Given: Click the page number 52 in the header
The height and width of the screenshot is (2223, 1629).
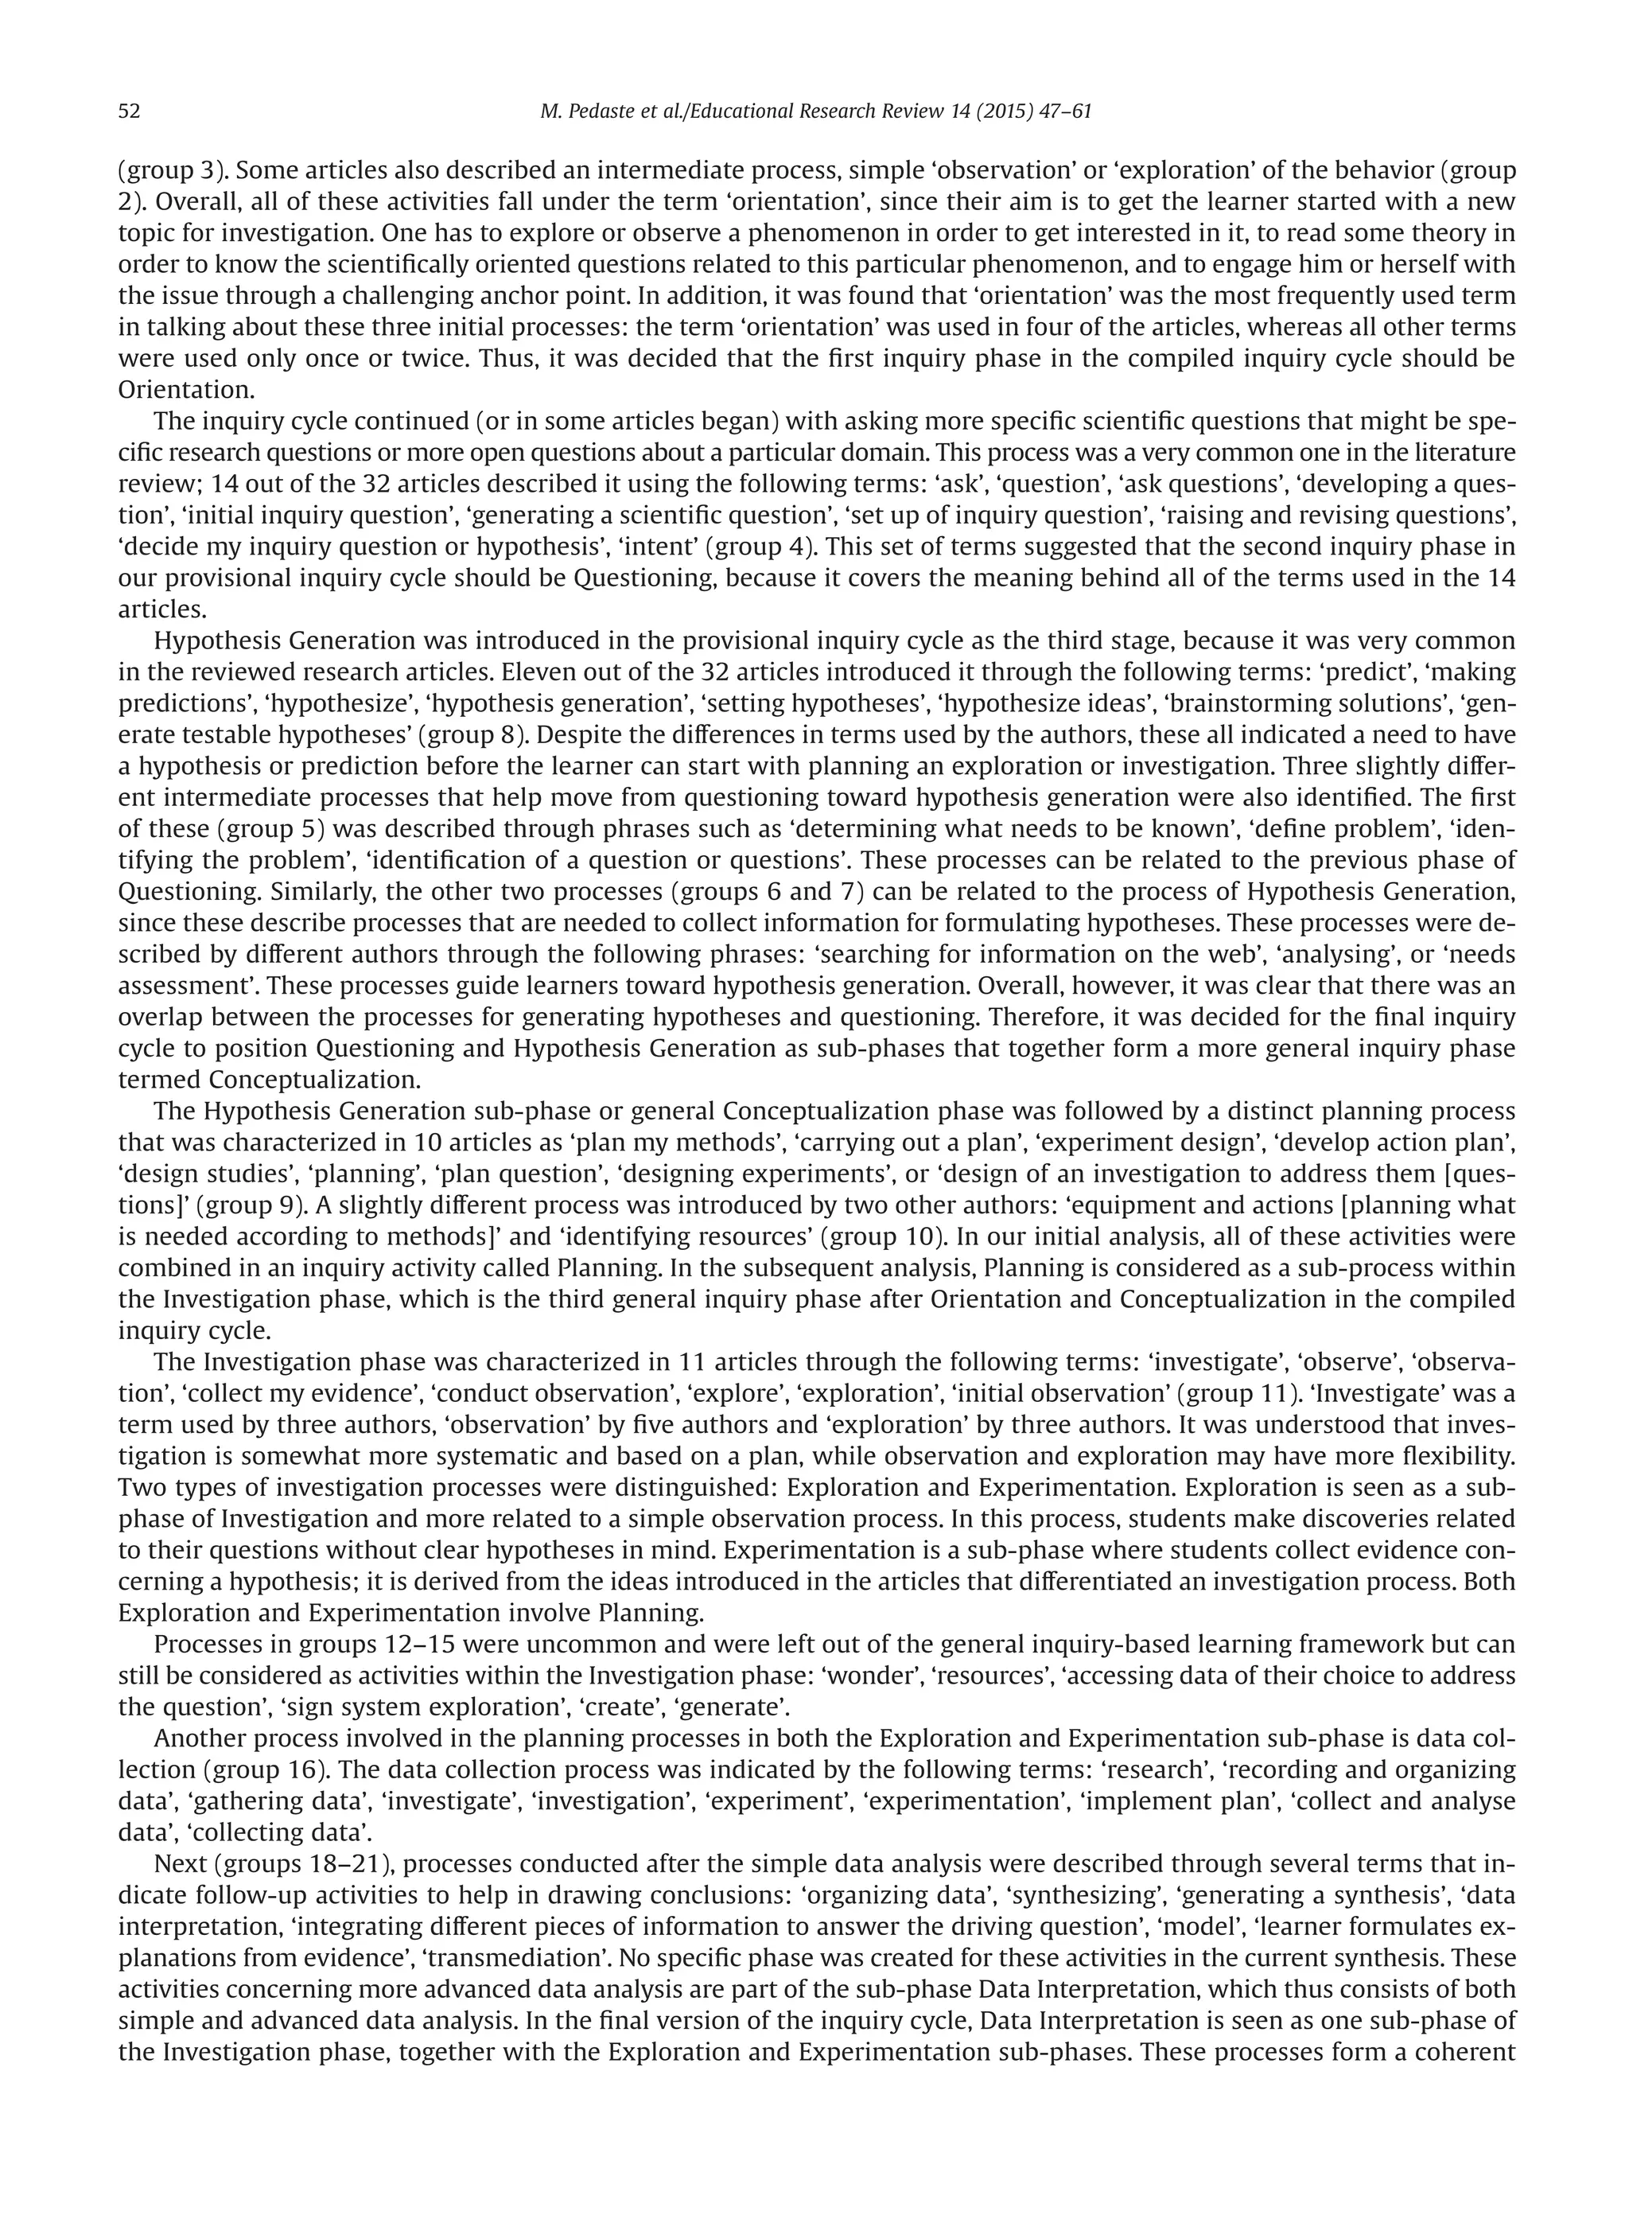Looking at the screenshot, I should point(129,111).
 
